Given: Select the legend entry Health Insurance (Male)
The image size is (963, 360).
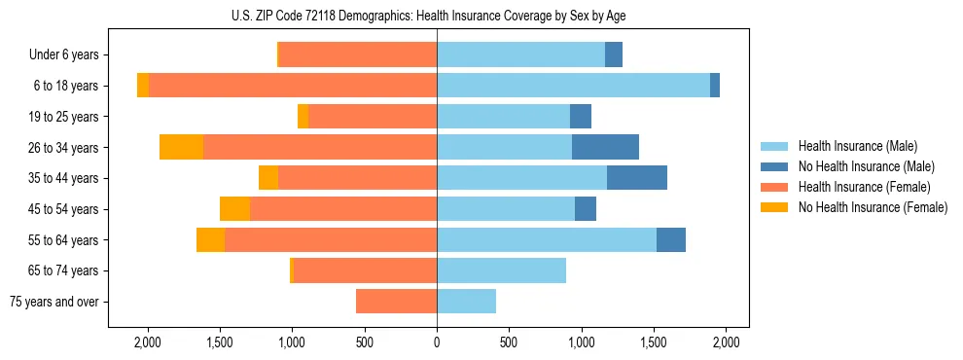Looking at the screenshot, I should (857, 146).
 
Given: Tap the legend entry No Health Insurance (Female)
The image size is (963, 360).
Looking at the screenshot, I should (873, 207).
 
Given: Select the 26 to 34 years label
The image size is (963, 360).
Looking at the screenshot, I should (65, 148).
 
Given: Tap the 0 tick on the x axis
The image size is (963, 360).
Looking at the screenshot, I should (437, 342).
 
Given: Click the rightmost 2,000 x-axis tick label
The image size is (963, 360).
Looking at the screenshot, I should (726, 342).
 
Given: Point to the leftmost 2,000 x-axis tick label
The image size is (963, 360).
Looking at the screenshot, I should (148, 342).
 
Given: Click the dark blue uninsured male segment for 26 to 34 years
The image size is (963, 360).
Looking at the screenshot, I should (605, 147).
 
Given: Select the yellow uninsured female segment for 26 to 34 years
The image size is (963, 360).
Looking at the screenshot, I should (181, 147).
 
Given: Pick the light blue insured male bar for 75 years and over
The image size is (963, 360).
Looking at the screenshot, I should (466, 302).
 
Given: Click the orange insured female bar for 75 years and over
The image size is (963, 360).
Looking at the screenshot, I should (396, 302).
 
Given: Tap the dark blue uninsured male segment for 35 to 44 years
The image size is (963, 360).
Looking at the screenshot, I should (637, 178).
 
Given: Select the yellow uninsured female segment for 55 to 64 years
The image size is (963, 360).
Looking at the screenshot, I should (210, 239).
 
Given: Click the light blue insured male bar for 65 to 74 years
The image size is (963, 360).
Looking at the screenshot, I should (501, 270).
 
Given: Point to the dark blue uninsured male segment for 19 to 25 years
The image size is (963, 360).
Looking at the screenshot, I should (581, 117).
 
